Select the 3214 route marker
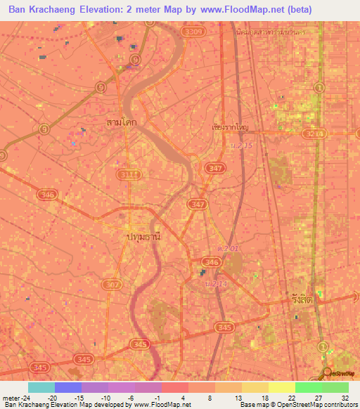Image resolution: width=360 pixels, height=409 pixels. point(316,132)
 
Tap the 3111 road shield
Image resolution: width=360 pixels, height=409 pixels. point(130,174)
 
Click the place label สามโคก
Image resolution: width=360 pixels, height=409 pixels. point(121,123)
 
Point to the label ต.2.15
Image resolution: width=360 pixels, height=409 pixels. point(241,145)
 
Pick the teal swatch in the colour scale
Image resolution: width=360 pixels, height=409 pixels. point(41,387)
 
